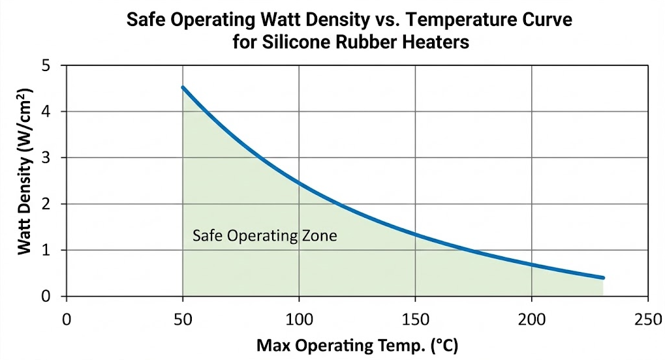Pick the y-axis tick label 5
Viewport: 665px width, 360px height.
click(x=46, y=66)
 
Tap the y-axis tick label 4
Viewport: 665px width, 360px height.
click(x=46, y=112)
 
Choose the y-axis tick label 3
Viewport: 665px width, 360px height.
click(x=46, y=158)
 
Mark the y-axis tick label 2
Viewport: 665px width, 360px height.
click(x=46, y=204)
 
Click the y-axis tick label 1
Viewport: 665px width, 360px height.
click(x=46, y=250)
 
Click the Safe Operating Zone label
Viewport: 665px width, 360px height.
click(x=264, y=235)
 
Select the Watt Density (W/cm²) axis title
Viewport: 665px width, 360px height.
click(x=24, y=181)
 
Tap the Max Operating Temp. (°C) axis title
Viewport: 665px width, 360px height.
click(x=357, y=345)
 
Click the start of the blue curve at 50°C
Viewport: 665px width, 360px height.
click(x=183, y=87)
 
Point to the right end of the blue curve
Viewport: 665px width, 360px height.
click(x=602, y=278)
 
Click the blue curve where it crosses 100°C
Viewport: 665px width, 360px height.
click(x=299, y=182)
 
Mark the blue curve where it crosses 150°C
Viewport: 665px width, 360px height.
click(x=415, y=233)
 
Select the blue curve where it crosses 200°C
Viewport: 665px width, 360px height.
click(x=531, y=264)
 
